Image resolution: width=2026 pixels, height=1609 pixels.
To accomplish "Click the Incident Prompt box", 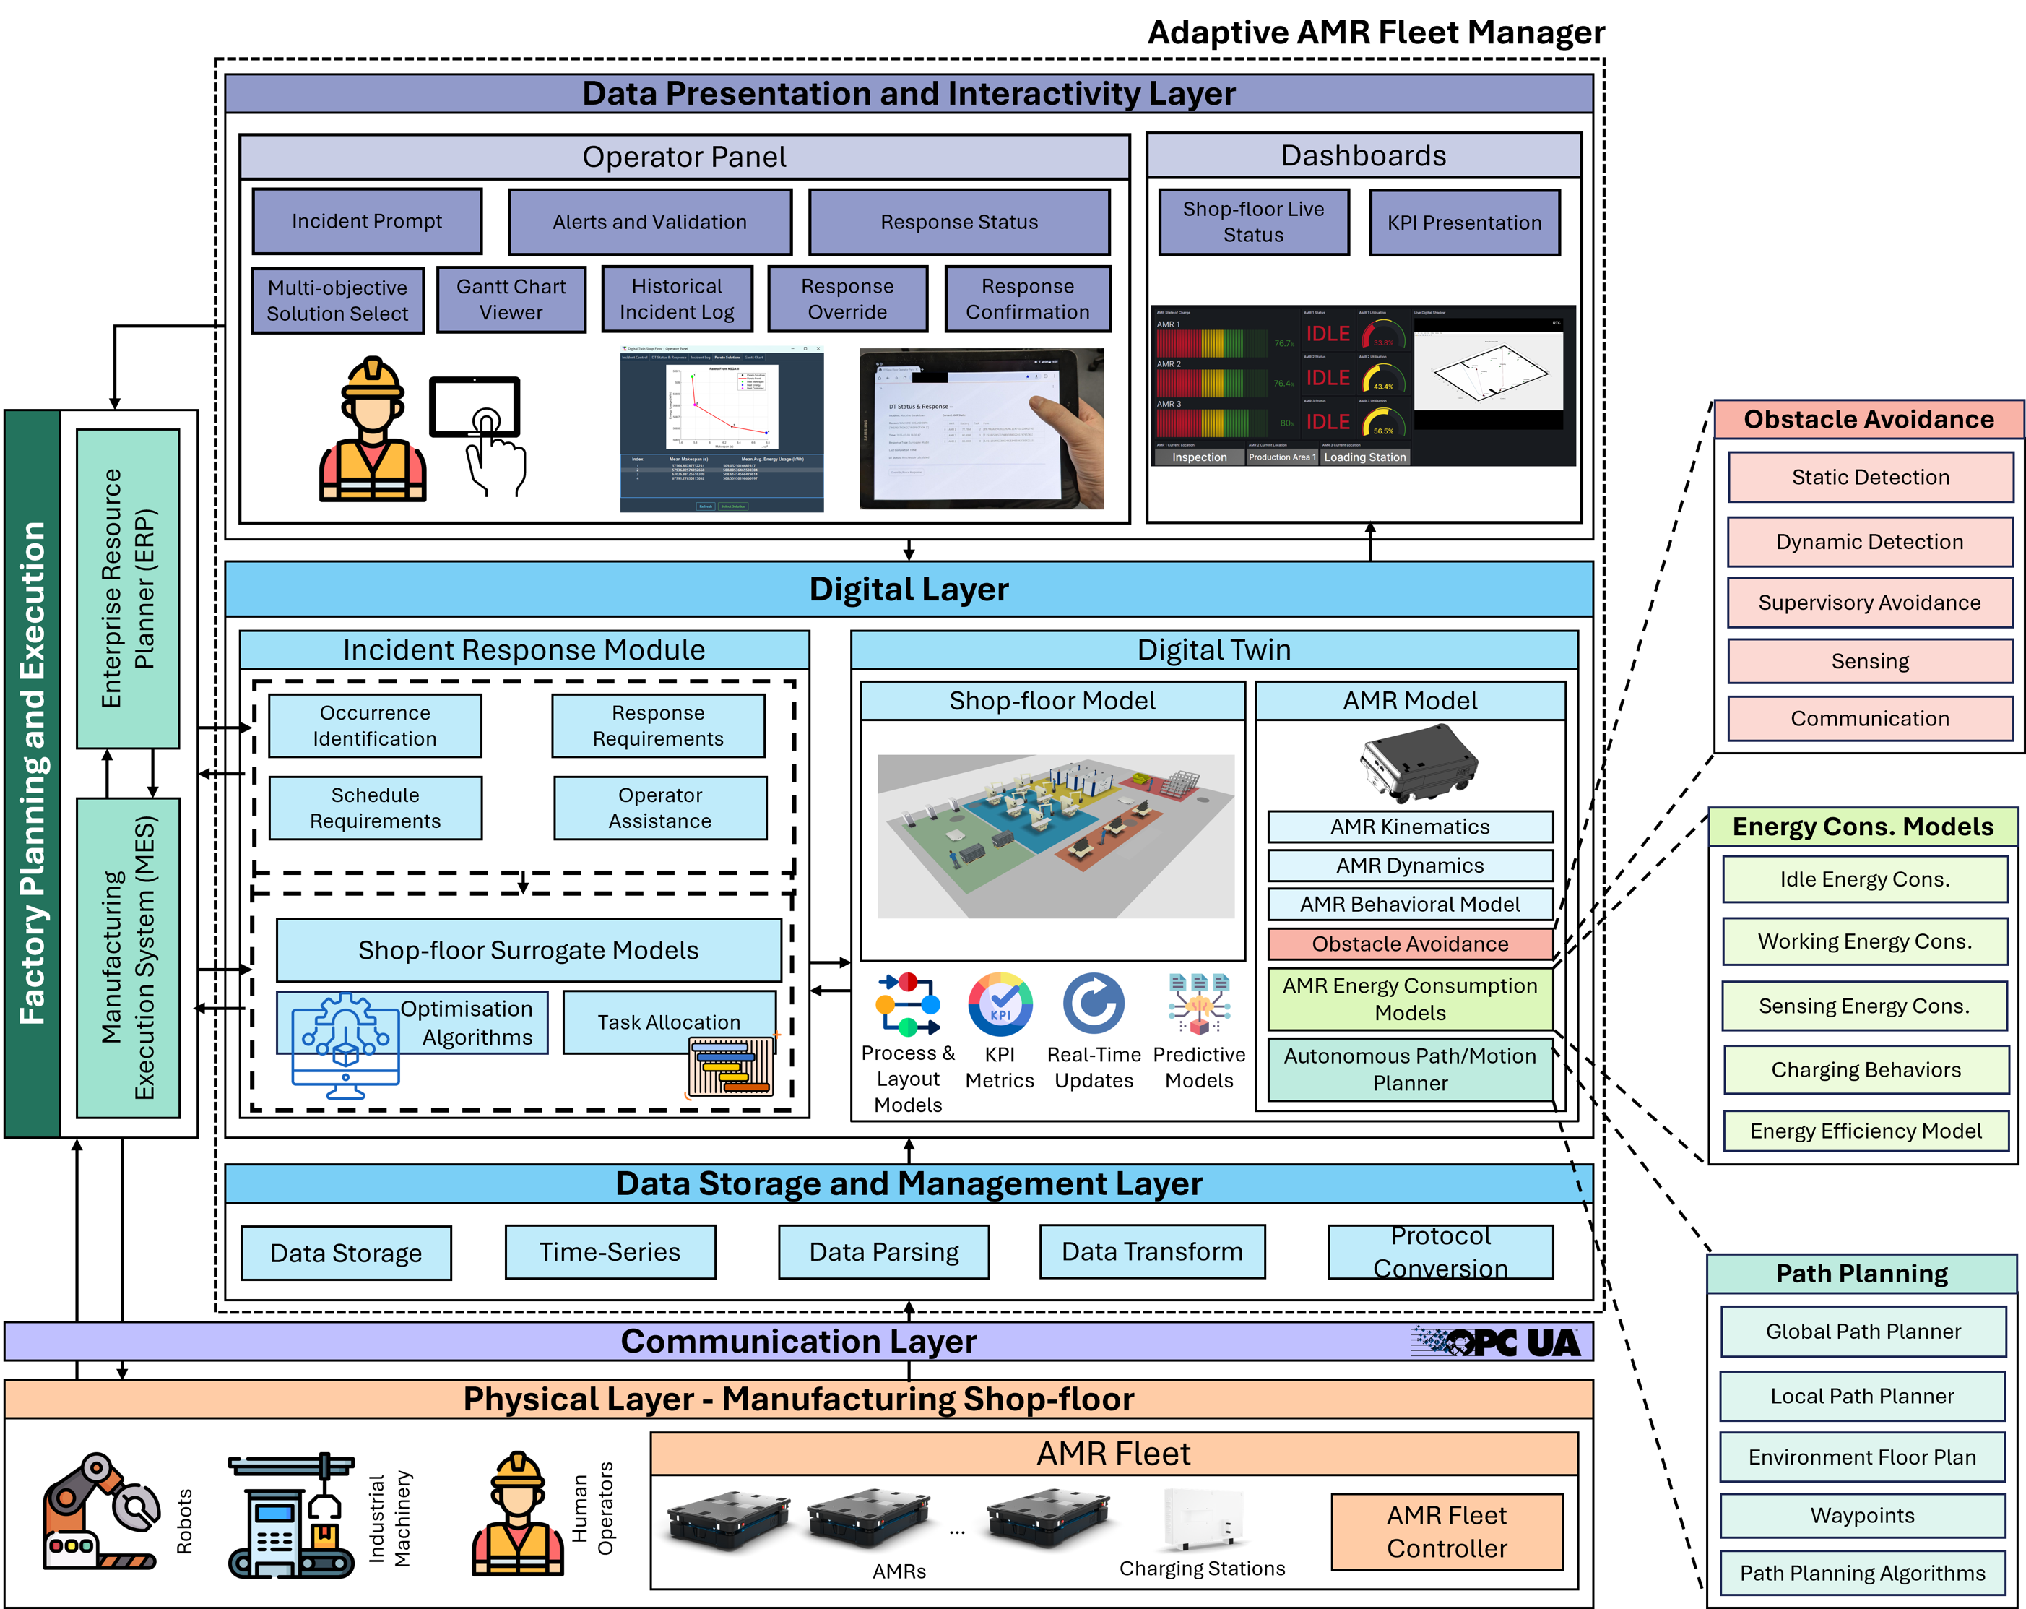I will pyautogui.click(x=366, y=221).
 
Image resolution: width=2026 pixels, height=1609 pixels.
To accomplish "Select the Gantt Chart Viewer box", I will pyautogui.click(x=511, y=300).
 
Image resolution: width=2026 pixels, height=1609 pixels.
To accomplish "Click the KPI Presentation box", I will pyautogui.click(x=1464, y=223).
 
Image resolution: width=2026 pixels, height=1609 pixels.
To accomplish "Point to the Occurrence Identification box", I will pyautogui.click(x=375, y=725).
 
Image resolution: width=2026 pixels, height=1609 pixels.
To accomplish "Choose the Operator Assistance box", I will pyautogui.click(x=659, y=808).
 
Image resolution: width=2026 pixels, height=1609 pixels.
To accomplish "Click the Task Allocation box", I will pyautogui.click(x=669, y=1022).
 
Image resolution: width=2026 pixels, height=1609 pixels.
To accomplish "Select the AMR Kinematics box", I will pyautogui.click(x=1410, y=827).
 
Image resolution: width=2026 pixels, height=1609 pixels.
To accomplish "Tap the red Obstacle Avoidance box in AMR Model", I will pyautogui.click(x=1410, y=944).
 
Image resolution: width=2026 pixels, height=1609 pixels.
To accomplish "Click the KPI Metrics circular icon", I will pyautogui.click(x=1000, y=1004).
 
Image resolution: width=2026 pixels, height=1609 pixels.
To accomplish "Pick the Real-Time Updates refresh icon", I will pyautogui.click(x=1094, y=1004).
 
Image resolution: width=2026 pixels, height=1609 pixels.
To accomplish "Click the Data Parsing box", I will pyautogui.click(x=883, y=1252).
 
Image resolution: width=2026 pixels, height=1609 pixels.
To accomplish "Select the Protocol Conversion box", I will pyautogui.click(x=1440, y=1252).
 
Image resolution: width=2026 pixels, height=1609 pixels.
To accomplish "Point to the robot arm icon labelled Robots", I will pyautogui.click(x=99, y=1513).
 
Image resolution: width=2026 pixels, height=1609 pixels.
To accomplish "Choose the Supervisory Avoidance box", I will pyautogui.click(x=1869, y=603).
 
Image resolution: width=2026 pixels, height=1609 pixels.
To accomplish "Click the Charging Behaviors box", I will pyautogui.click(x=1866, y=1069).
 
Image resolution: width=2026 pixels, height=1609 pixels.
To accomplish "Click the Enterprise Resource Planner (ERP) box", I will pyautogui.click(x=128, y=588).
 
